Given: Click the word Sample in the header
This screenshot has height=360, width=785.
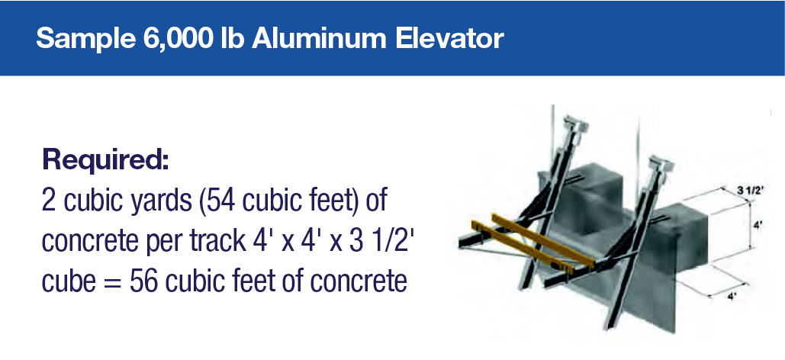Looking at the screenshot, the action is (x=85, y=39).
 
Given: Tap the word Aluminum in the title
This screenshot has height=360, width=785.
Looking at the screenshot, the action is (x=319, y=38).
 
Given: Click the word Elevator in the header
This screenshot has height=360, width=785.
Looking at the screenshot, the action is (x=449, y=38).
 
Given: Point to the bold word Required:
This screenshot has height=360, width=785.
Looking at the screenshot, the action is (x=105, y=160).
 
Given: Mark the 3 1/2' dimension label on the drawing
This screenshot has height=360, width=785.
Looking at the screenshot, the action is (x=749, y=190).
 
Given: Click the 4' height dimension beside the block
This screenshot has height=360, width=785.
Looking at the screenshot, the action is (x=757, y=226).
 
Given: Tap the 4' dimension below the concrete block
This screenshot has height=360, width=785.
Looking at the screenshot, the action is (x=732, y=297).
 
